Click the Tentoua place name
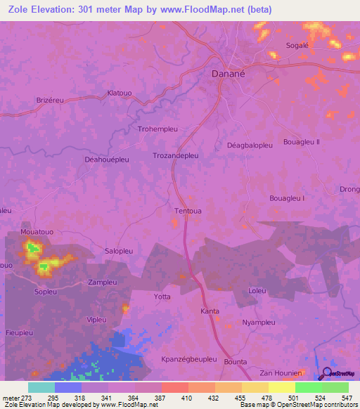click(188, 210)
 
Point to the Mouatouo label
click(38, 231)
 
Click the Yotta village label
click(162, 297)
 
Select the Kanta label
click(210, 311)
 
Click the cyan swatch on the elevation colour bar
click(41, 387)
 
